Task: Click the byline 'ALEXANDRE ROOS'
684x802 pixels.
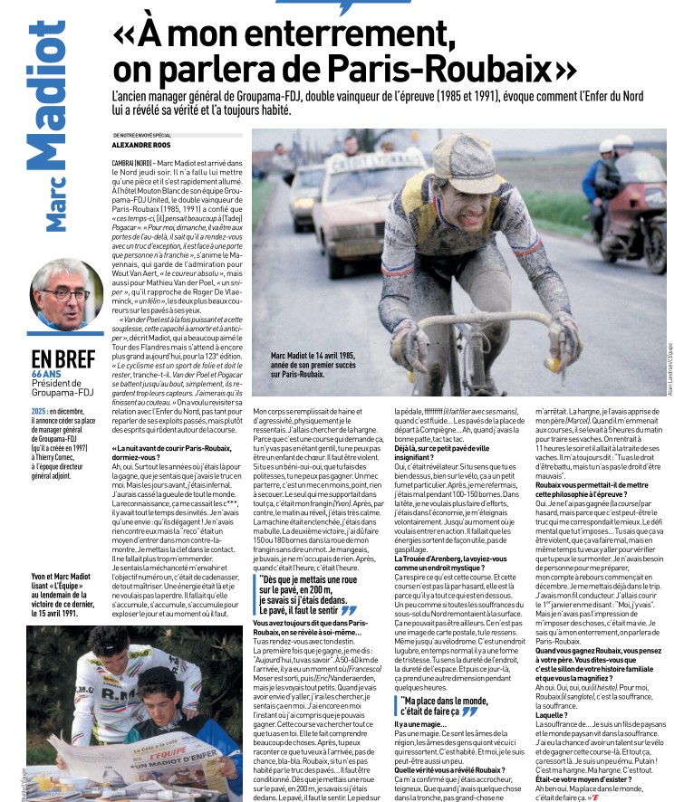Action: pos(143,145)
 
